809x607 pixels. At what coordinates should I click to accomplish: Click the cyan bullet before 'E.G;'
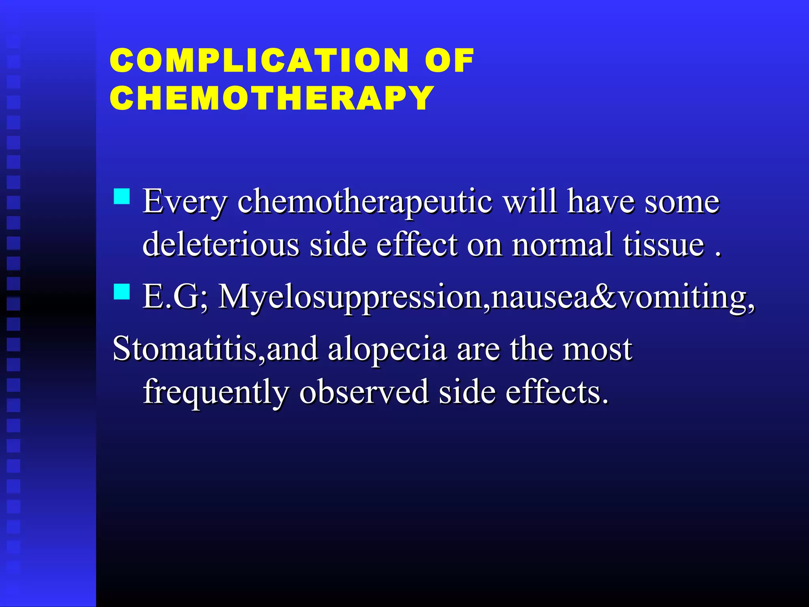tap(122, 292)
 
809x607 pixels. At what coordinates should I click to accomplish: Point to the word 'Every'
tap(185, 202)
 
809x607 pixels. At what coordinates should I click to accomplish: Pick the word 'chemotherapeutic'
tap(365, 202)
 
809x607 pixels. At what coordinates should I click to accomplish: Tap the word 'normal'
tap(562, 245)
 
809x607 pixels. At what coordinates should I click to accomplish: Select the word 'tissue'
tap(664, 245)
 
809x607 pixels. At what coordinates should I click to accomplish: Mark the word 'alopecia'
tap(387, 350)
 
